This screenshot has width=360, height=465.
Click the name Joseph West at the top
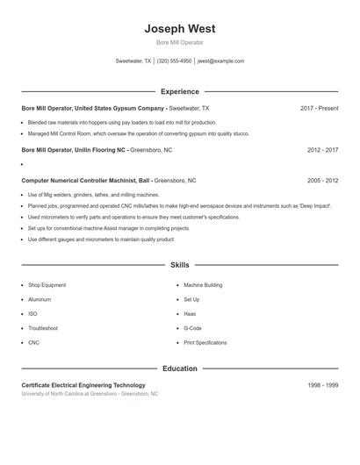pyautogui.click(x=179, y=28)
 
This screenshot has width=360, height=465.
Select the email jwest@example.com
pyautogui.click(x=220, y=61)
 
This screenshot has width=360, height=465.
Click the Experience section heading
pyautogui.click(x=179, y=91)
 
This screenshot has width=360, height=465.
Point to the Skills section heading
pyautogui.click(x=179, y=264)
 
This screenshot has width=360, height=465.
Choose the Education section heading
pyautogui.click(x=179, y=368)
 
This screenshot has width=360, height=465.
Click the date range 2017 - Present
pyautogui.click(x=319, y=108)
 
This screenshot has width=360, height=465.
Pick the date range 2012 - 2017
pyautogui.click(x=322, y=150)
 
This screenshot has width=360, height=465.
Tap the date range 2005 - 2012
pyautogui.click(x=322, y=180)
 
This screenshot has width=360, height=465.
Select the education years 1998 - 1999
pyautogui.click(x=322, y=385)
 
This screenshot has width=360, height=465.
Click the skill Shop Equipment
pyautogui.click(x=47, y=285)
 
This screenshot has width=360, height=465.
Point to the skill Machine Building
pyautogui.click(x=203, y=285)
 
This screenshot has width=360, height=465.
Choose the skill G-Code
pyautogui.click(x=192, y=328)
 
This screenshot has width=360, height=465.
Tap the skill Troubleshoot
pyautogui.click(x=43, y=328)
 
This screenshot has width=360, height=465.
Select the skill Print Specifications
pyautogui.click(x=205, y=342)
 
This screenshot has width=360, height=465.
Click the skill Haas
pyautogui.click(x=190, y=313)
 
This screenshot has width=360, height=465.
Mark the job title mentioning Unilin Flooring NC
pyautogui.click(x=74, y=150)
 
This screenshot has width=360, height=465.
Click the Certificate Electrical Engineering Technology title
pyautogui.click(x=83, y=385)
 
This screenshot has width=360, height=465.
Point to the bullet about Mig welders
pyautogui.click(x=93, y=195)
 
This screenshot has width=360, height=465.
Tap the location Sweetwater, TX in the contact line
pyautogui.click(x=133, y=61)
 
